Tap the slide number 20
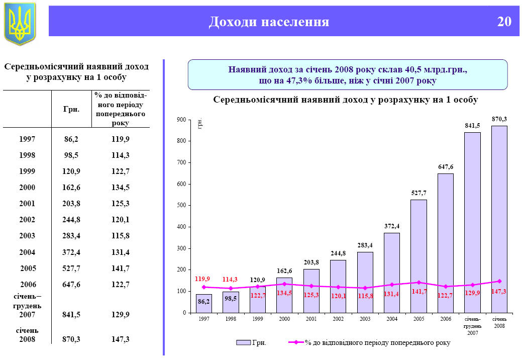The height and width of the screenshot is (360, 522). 504,22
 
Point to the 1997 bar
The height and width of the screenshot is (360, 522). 204,303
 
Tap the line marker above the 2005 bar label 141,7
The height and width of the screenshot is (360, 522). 419,282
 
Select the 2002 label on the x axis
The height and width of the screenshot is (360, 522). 338,319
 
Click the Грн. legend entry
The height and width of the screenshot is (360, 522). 252,342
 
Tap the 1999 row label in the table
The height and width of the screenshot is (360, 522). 27,171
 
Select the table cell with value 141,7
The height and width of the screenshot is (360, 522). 121,268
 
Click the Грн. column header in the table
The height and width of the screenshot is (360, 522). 72,109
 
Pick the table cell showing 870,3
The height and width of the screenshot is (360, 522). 72,339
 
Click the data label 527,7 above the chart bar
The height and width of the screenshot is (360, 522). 419,193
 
